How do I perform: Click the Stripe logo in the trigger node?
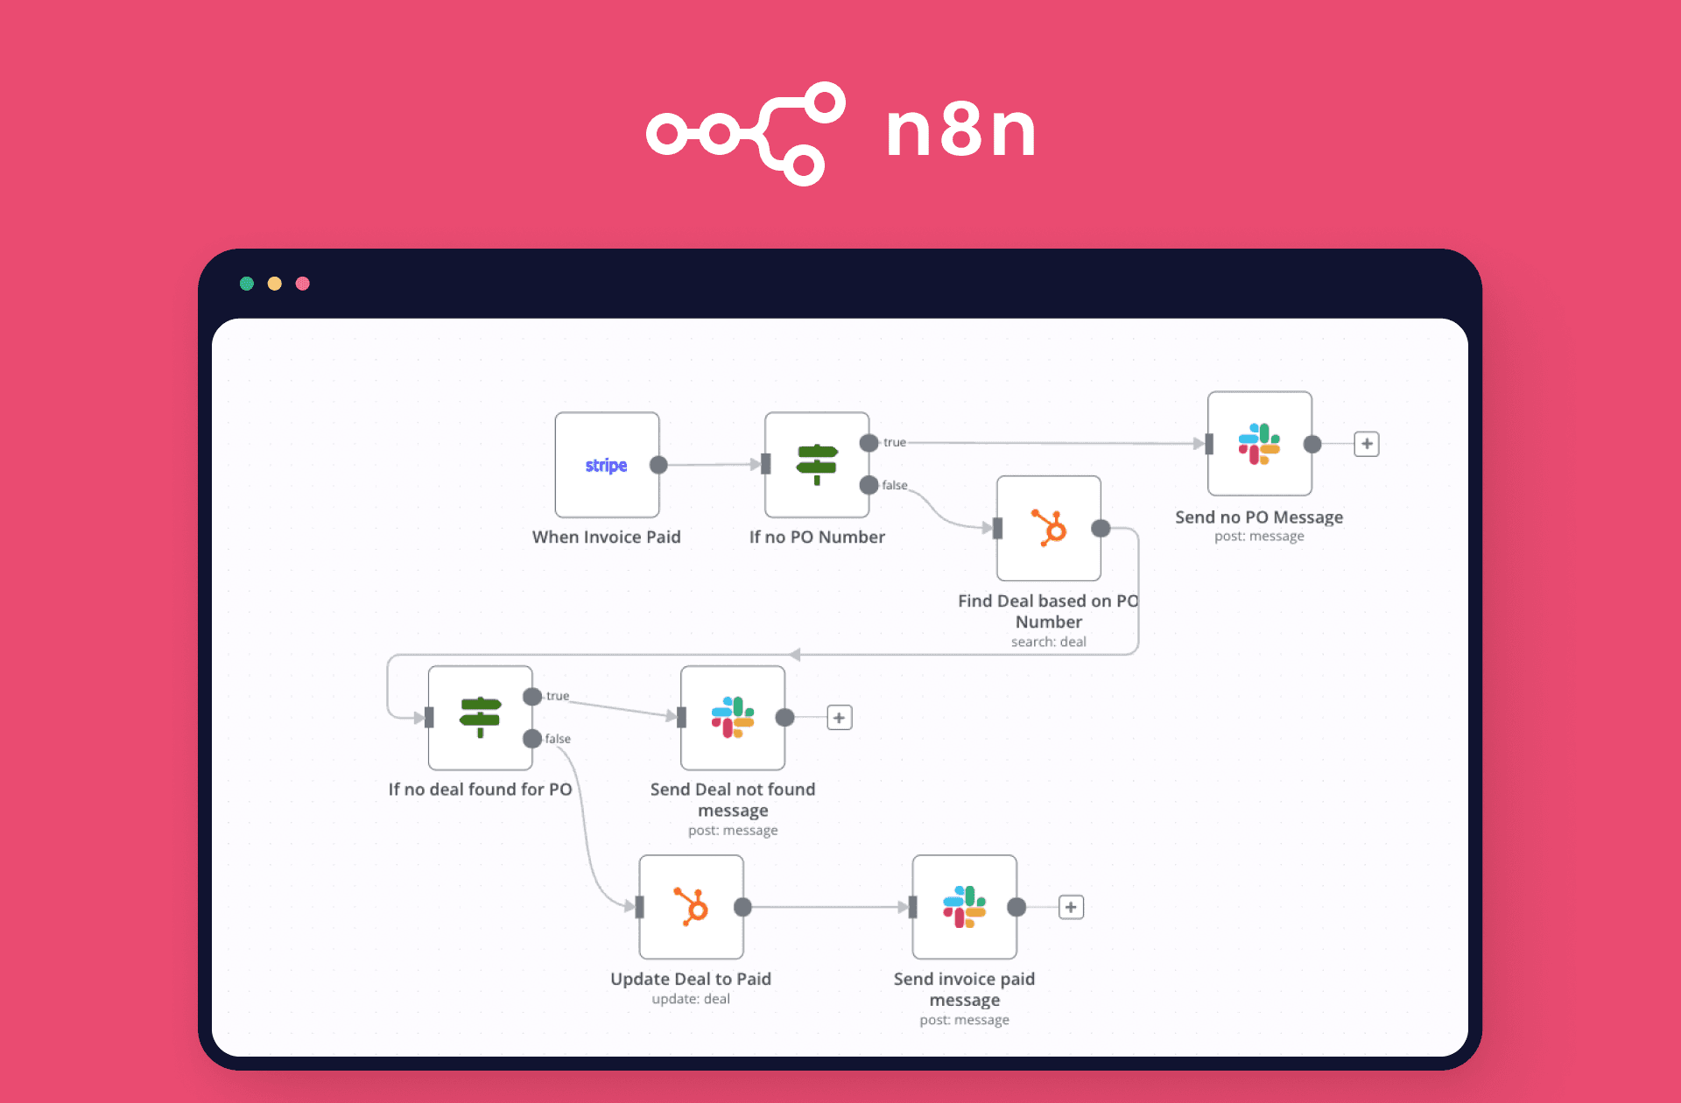click(x=606, y=466)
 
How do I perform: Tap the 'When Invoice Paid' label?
click(x=606, y=537)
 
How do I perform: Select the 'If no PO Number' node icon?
click(x=817, y=464)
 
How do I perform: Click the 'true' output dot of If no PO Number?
click(x=869, y=443)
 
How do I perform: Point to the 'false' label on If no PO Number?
click(x=895, y=485)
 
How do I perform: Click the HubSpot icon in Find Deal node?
click(x=1049, y=528)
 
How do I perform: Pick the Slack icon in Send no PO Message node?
click(x=1259, y=444)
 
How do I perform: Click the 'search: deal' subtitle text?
click(x=1048, y=642)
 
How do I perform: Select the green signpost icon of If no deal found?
click(x=480, y=717)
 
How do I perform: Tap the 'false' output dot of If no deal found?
click(x=532, y=739)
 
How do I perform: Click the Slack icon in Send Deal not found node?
click(x=733, y=717)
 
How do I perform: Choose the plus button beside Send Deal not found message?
click(x=839, y=718)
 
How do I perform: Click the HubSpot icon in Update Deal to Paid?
click(x=692, y=907)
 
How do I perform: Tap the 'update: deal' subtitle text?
click(x=690, y=999)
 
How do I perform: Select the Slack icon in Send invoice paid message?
click(x=964, y=907)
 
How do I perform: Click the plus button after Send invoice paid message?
click(x=1071, y=907)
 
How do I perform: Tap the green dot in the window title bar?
click(x=247, y=284)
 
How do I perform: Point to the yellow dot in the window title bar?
click(x=275, y=284)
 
